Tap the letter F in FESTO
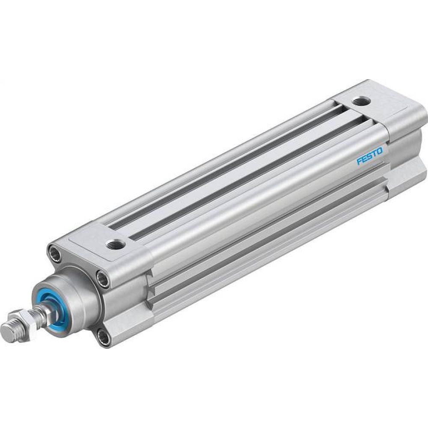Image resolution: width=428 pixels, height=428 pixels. [x=360, y=161]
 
